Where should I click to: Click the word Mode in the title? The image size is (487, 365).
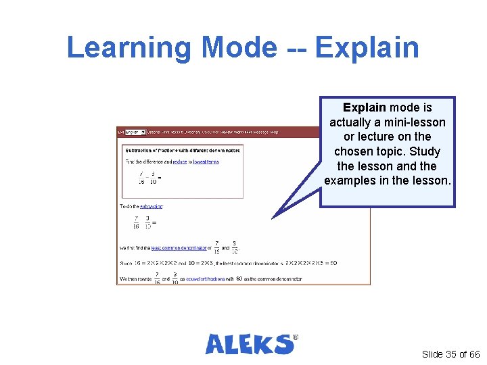click(239, 48)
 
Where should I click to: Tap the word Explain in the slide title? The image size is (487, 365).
click(367, 48)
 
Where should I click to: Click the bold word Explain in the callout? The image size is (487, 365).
click(365, 107)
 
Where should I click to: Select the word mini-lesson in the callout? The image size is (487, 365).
click(413, 122)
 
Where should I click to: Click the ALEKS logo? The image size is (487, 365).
click(249, 344)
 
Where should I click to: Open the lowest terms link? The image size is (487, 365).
click(205, 162)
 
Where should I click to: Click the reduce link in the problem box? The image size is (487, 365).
click(179, 162)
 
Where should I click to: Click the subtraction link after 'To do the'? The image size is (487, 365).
click(152, 206)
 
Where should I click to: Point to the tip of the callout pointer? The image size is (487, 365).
click(273, 217)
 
